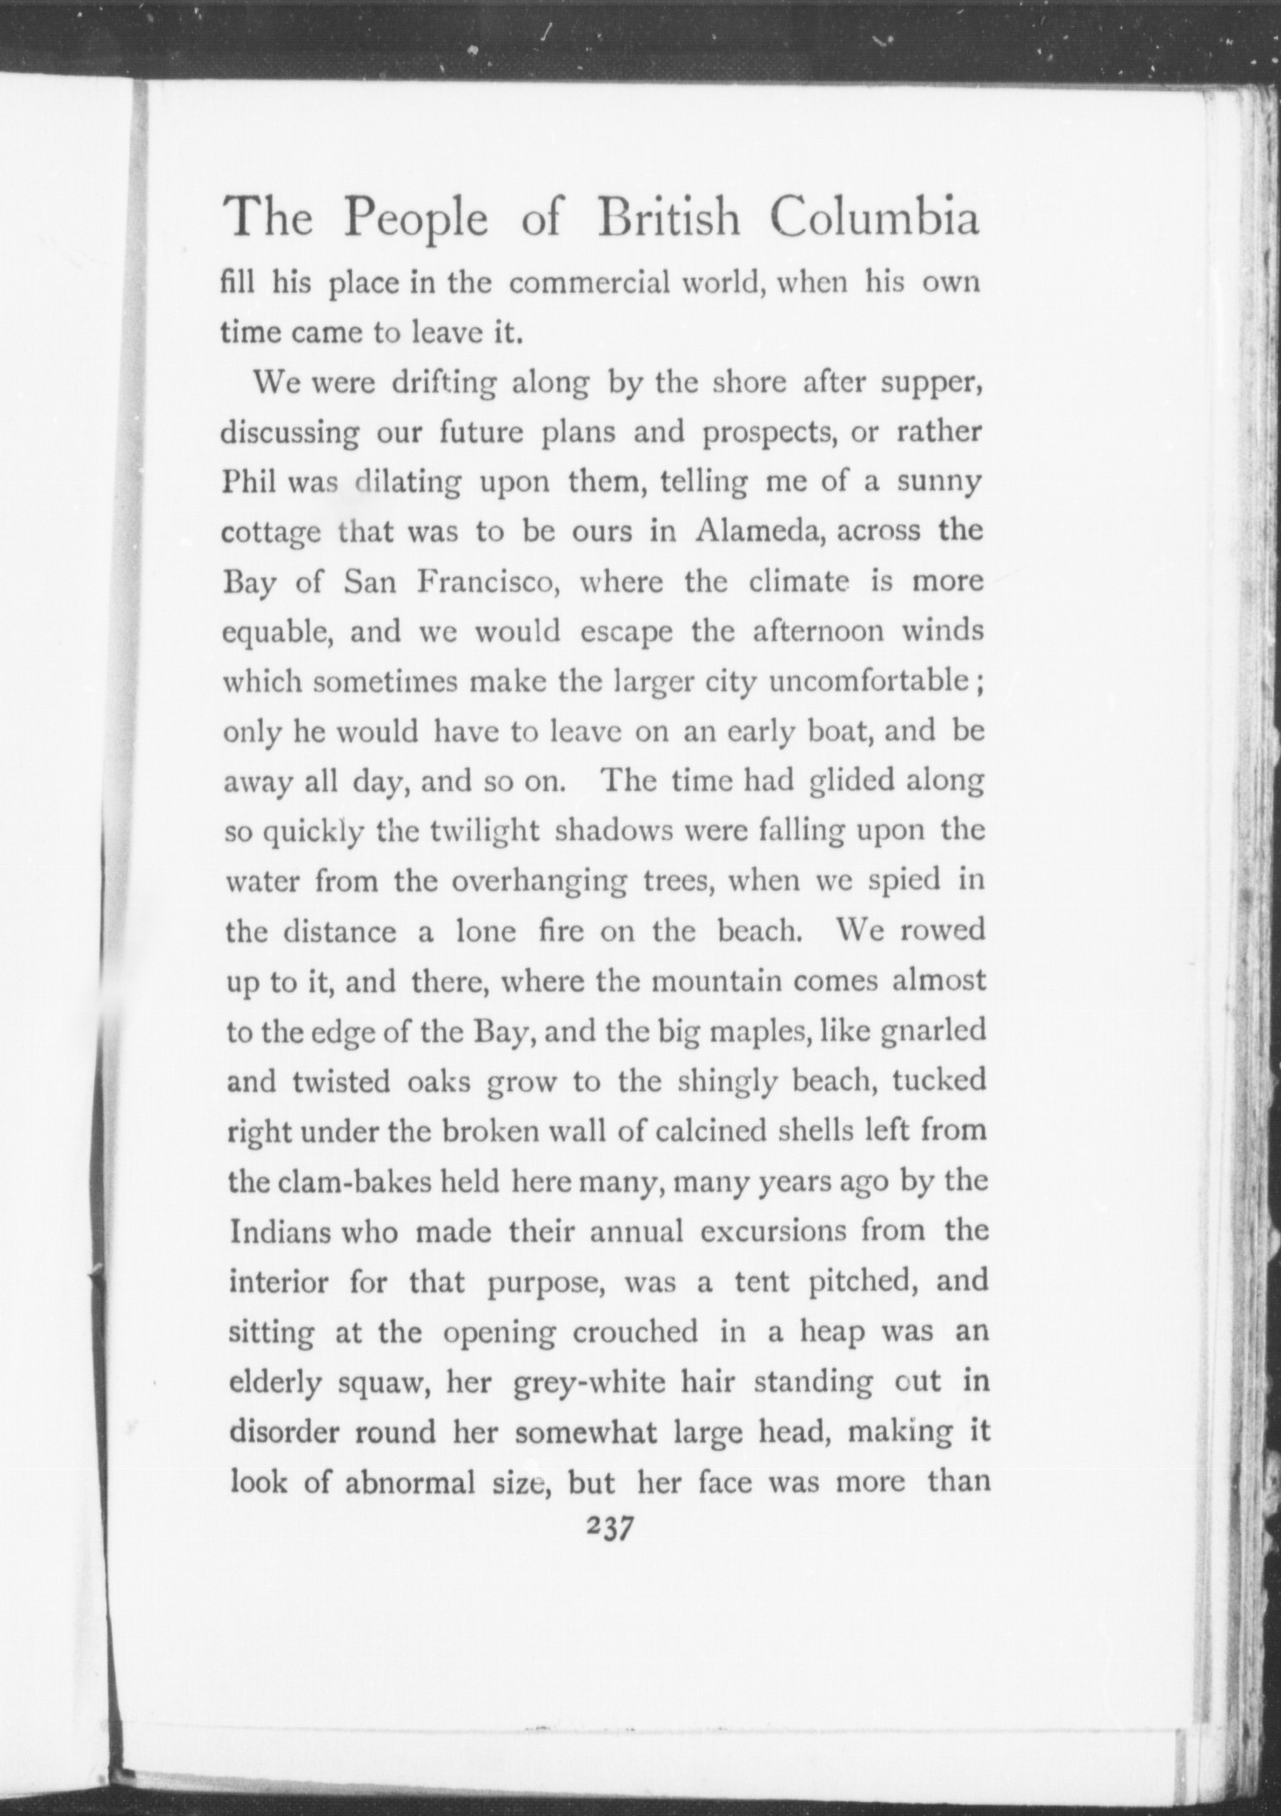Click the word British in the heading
[x=669, y=218]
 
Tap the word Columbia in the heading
[x=874, y=218]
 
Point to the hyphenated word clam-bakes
[x=355, y=1181]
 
